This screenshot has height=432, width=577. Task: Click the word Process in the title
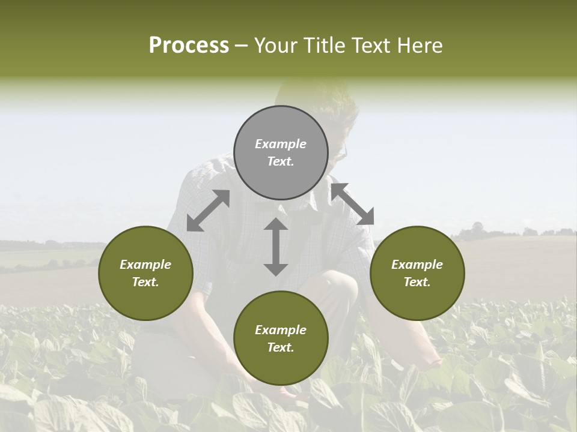click(189, 46)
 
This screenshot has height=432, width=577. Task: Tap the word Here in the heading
click(418, 46)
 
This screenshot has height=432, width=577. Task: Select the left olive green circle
click(145, 273)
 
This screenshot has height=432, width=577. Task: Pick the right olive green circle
click(417, 273)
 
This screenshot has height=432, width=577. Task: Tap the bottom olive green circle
click(281, 338)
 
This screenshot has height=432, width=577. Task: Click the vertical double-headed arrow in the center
click(276, 247)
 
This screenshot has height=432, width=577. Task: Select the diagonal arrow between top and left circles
click(208, 211)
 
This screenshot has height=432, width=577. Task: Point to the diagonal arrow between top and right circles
click(352, 204)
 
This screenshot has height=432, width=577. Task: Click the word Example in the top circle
click(281, 144)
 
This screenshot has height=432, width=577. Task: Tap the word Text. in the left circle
click(145, 282)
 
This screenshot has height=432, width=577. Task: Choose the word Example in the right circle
click(417, 265)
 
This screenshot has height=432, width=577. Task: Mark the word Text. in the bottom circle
click(281, 347)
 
